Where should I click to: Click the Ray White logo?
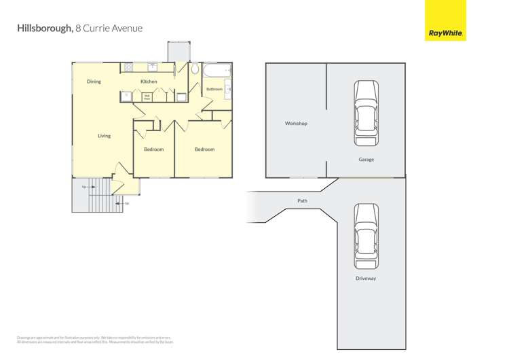445,20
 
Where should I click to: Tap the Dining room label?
94,82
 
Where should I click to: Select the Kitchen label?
149,82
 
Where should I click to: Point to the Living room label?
104,136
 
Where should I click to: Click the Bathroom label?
214,89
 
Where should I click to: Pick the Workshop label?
296,124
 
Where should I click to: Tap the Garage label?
366,160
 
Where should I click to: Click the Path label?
302,201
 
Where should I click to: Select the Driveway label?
366,278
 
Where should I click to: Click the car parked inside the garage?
366,113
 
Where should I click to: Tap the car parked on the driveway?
366,236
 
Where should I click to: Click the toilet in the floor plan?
195,69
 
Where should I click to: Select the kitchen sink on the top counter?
153,67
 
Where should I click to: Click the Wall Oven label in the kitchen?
147,97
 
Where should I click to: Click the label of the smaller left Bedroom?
153,149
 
